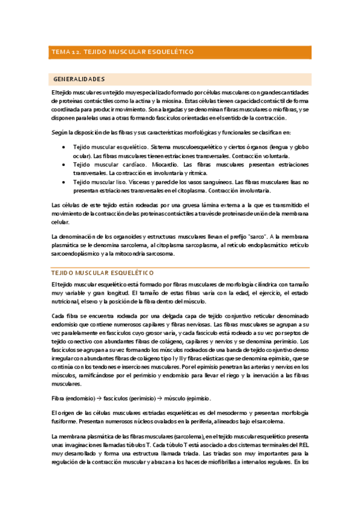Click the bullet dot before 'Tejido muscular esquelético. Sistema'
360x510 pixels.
tap(64, 147)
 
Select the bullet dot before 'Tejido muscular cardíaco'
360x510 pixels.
tap(64, 164)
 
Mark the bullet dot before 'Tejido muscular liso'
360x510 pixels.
tap(64, 182)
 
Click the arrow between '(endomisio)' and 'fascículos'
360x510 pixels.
tap(100, 398)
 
